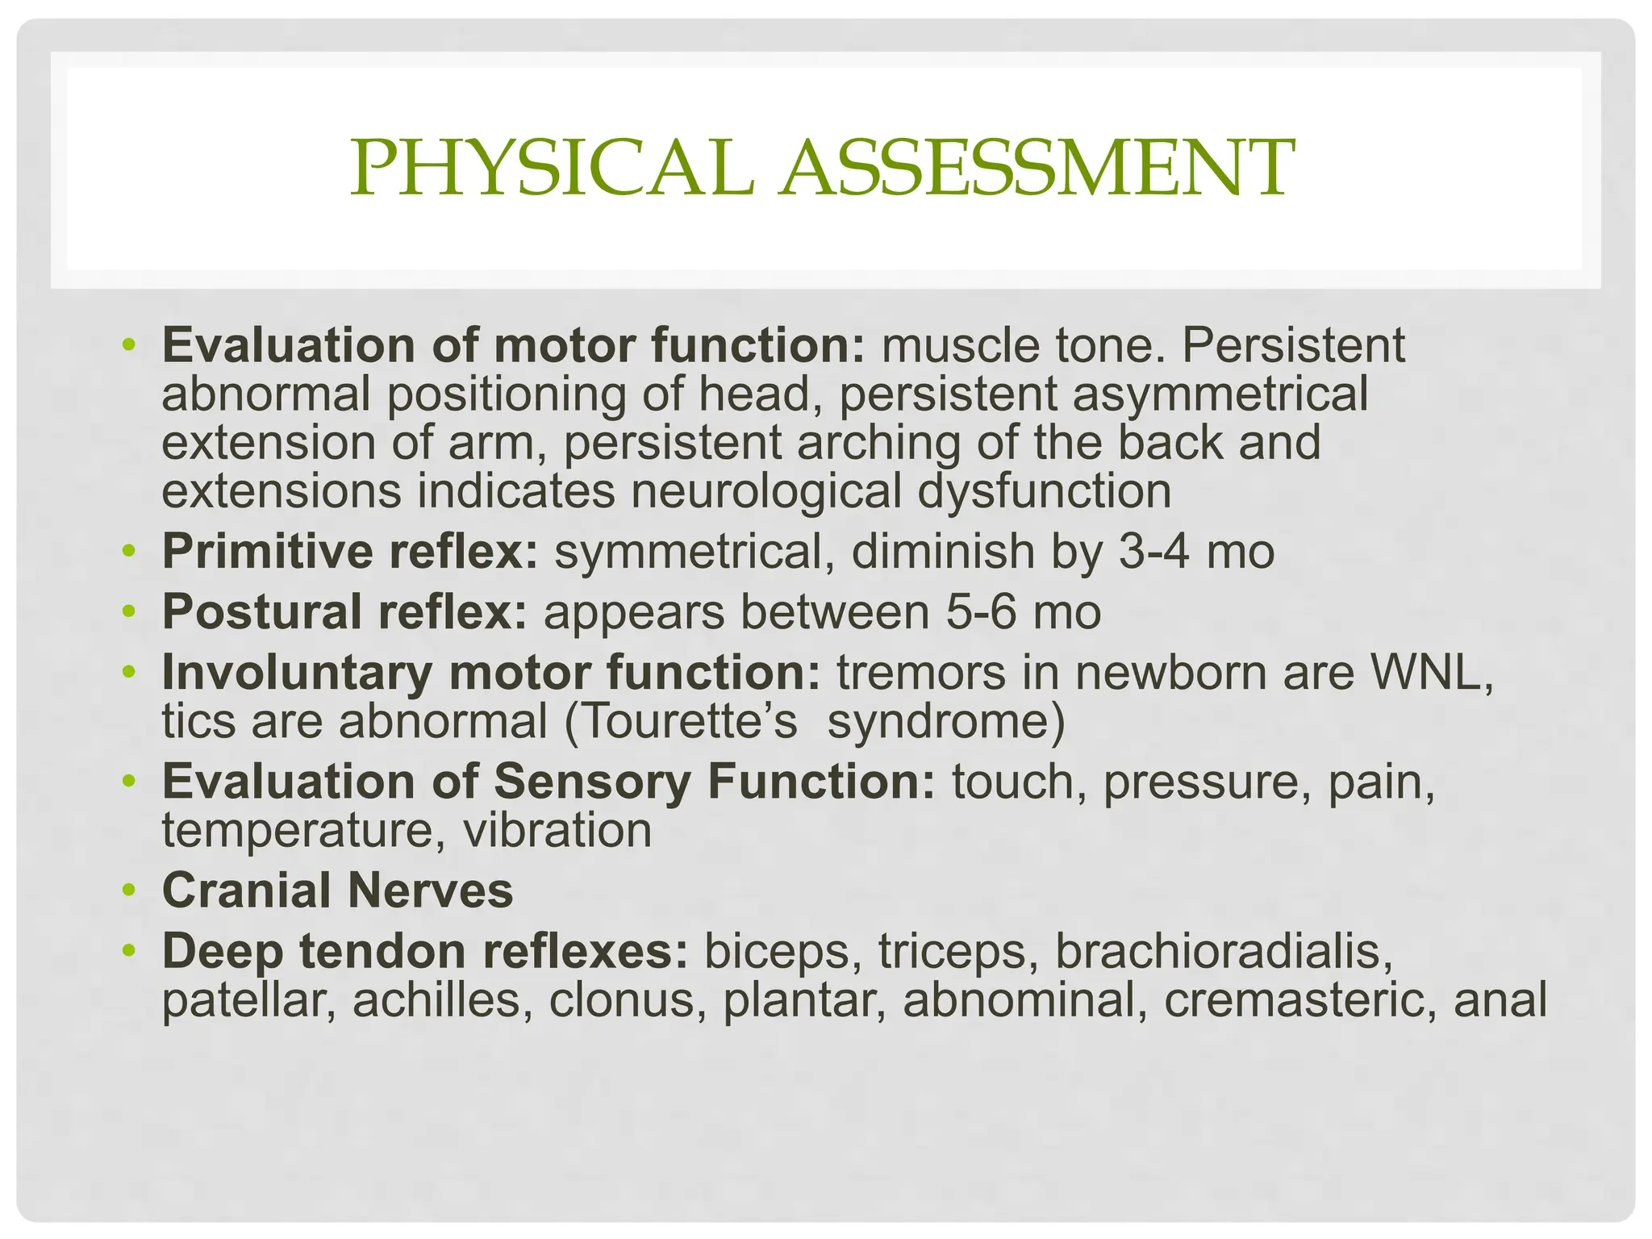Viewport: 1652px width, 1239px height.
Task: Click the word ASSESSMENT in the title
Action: click(x=1037, y=168)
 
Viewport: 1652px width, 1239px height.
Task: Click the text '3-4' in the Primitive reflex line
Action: click(x=1153, y=553)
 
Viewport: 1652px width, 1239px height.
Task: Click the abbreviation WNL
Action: click(x=1428, y=673)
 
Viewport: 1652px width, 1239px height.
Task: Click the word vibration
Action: click(x=557, y=830)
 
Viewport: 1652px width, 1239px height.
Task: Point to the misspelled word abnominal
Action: click(x=1019, y=1000)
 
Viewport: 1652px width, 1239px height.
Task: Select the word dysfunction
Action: click(x=1044, y=491)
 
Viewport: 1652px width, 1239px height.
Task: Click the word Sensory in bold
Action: click(x=592, y=782)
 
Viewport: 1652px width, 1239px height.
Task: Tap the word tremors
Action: click(x=921, y=673)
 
